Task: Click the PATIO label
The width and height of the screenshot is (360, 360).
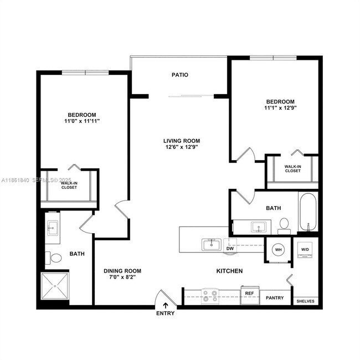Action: point(179,75)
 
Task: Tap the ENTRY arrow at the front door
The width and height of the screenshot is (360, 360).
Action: point(165,305)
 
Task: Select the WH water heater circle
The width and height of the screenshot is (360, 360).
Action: point(278,250)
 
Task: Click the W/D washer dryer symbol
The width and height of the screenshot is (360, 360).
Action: point(305,250)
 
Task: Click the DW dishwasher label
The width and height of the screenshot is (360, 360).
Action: point(229,249)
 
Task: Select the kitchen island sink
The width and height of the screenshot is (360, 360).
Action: point(211,244)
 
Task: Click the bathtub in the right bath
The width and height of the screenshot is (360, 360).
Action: point(308,212)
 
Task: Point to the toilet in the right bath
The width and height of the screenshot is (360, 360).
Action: point(284,224)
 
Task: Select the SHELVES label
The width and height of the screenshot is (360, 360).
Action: point(305,301)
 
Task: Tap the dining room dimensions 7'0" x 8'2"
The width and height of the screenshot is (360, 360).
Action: point(122,277)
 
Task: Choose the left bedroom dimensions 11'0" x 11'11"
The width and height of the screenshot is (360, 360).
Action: point(82,121)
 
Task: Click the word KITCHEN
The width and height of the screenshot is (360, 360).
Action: point(229,271)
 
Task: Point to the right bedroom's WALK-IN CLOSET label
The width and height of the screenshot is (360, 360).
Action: point(292,168)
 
